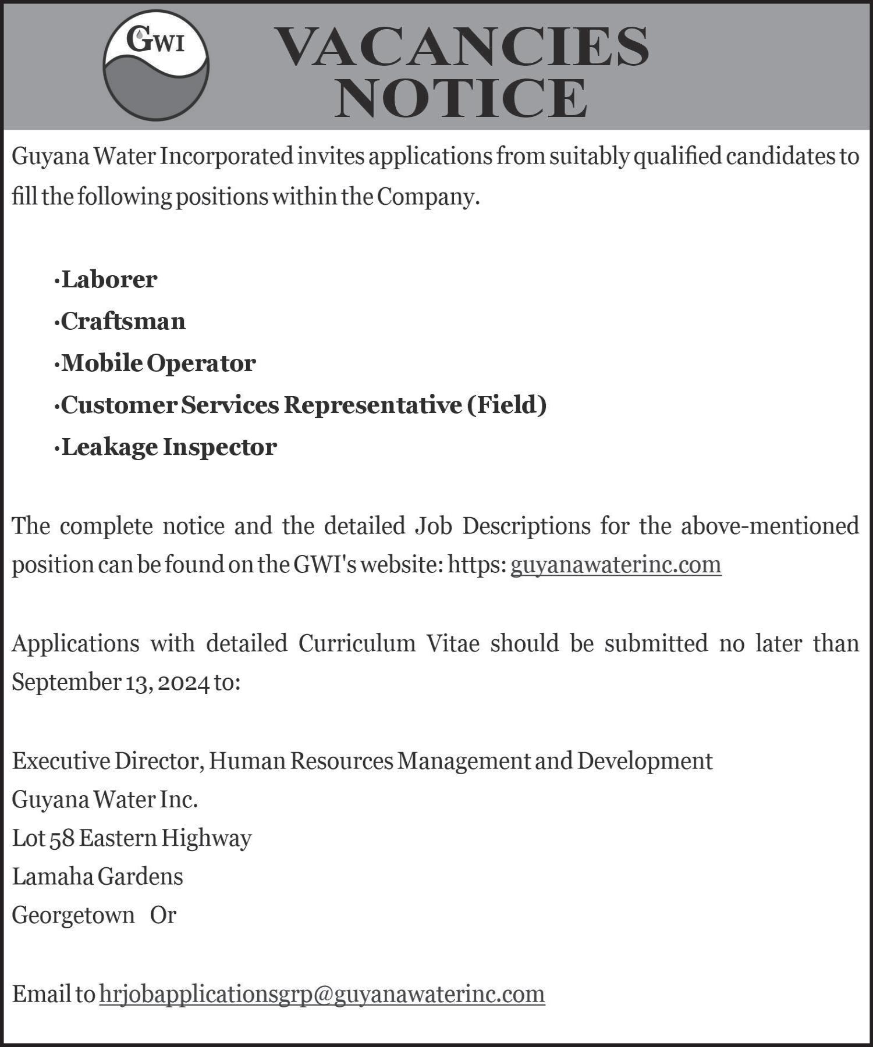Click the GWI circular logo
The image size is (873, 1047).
coord(156,65)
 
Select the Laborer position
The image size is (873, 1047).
coord(109,280)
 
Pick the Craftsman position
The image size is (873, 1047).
coord(123,322)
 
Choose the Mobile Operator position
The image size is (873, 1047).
coord(158,364)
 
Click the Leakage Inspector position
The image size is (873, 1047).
coord(169,447)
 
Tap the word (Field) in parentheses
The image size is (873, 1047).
coord(507,405)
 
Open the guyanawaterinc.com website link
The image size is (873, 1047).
coord(616,565)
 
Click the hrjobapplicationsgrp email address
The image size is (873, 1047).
coord(322,994)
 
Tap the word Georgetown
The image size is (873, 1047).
coord(73,916)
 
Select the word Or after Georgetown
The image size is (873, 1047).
coord(163,916)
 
